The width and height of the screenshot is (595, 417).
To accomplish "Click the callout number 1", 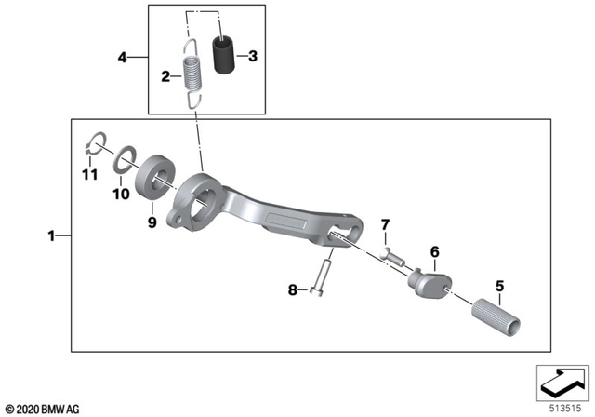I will (52, 236).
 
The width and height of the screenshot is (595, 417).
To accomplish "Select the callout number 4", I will (122, 58).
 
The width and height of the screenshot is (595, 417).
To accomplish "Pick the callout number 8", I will (291, 290).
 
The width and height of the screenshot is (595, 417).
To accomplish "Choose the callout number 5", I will (499, 286).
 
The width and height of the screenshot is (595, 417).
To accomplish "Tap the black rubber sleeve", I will (223, 54).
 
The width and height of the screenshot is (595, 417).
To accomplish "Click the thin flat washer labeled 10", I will (124, 161).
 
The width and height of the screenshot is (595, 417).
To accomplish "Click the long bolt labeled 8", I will (319, 276).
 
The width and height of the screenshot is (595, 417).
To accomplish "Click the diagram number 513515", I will (561, 406).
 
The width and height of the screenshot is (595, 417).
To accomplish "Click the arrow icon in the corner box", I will (561, 380).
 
